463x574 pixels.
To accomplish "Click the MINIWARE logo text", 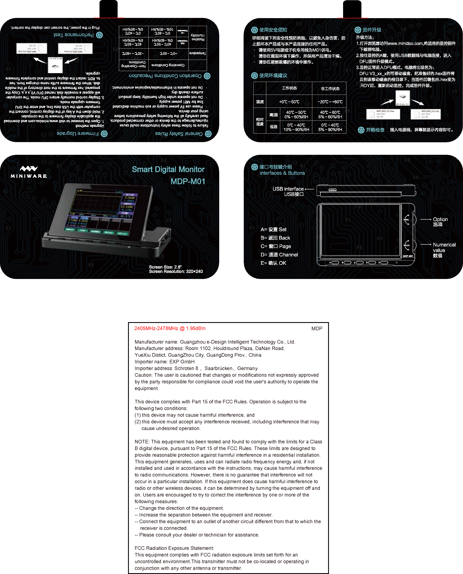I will (29, 176).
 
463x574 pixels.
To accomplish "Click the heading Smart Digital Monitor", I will (168, 169).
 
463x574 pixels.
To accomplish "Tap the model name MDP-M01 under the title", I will (188, 181).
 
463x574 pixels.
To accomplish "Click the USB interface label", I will (288, 189).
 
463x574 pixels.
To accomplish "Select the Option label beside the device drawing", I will (440, 219).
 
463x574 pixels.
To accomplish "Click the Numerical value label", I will (444, 245).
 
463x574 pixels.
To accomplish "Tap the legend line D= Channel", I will (279, 255).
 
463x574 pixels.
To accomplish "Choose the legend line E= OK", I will (273, 263).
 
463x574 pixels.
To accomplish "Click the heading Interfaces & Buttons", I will (282, 173).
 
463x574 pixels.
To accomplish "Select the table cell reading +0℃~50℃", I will (289, 102).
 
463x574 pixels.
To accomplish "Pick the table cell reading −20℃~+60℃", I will (330, 102).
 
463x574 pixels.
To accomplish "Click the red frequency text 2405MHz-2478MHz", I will (170, 328).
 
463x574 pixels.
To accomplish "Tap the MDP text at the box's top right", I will (317, 329).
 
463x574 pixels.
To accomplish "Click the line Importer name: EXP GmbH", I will (164, 361).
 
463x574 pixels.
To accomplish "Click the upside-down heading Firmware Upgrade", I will (77, 133).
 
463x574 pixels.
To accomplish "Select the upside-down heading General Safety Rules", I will (179, 133).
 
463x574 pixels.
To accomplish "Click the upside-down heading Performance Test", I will (74, 35).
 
